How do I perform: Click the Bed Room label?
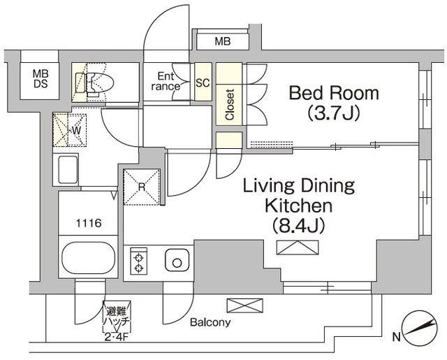point(334,93)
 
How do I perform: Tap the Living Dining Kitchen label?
point(299,196)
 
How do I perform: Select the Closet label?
point(230,104)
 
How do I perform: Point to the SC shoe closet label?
point(203,82)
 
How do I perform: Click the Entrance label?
point(166,81)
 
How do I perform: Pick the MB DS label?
point(41,78)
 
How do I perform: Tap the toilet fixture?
point(94,83)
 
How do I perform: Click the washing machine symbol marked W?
point(70,130)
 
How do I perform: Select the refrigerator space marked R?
point(142,187)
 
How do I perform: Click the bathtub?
point(89,256)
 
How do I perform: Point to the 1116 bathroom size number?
point(89,223)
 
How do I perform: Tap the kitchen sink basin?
point(177,261)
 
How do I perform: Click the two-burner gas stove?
point(139,261)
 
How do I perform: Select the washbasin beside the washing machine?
point(68,170)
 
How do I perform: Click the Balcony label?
point(210,322)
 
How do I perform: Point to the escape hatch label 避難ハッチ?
point(117,317)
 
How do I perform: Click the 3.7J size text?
point(333,113)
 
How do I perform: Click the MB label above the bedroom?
point(223,42)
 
